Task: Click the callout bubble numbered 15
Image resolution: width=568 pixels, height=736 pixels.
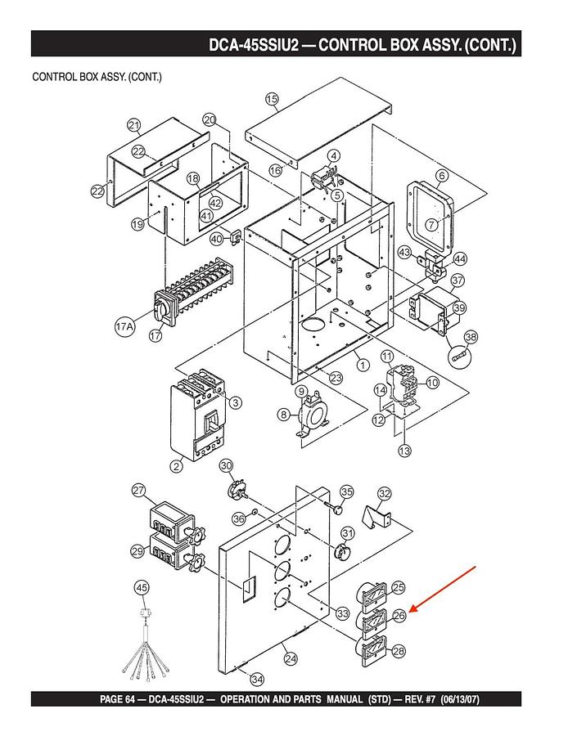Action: point(273,99)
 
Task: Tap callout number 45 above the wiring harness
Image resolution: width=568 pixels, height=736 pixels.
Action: point(142,588)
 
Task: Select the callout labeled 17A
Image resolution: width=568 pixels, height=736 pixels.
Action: point(124,327)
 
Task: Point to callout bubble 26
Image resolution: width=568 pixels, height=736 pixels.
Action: point(399,616)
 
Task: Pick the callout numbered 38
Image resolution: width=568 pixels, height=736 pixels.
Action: point(471,337)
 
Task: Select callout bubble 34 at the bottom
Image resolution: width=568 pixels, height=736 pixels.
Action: point(257,680)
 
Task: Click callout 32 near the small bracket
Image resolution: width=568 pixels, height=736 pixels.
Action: point(385,494)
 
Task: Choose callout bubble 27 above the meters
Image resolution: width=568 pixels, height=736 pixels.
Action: point(139,491)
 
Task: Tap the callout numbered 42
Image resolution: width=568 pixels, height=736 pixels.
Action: point(215,203)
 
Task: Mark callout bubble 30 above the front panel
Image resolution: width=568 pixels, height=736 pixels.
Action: point(227,466)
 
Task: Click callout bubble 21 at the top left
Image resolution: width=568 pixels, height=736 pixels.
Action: point(134,124)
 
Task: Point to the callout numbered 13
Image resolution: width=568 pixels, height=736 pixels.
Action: point(403,451)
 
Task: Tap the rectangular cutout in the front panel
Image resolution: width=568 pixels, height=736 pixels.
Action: point(246,585)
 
